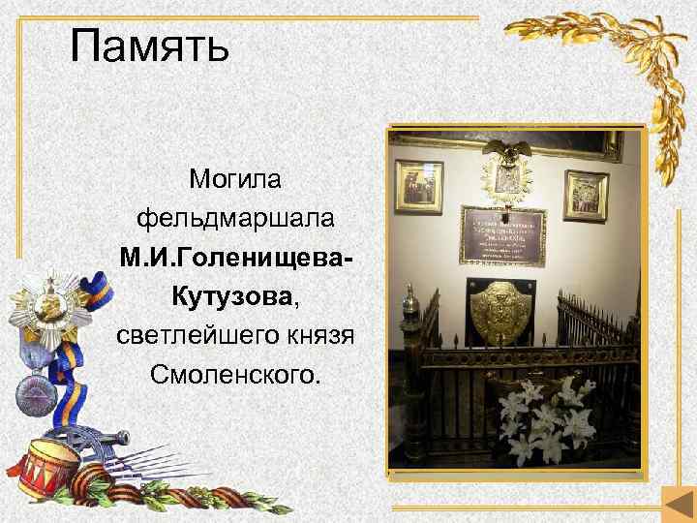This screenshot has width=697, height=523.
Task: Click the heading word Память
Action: pyautogui.click(x=150, y=46)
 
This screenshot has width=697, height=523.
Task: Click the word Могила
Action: pyautogui.click(x=235, y=179)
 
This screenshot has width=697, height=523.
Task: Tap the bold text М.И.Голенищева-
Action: pyautogui.click(x=235, y=258)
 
